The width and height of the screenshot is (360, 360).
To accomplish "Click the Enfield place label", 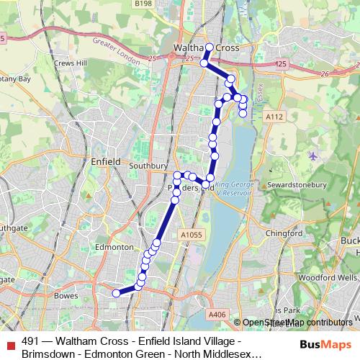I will click(x=106, y=162).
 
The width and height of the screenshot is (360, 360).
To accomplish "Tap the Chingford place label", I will click(x=284, y=233).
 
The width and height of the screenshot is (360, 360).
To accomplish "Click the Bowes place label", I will click(x=66, y=295).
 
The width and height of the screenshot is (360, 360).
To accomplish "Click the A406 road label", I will click(x=217, y=314).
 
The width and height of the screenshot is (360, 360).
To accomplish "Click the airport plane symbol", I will click(x=312, y=156).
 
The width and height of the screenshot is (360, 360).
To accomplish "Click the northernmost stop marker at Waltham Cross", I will click(x=210, y=48).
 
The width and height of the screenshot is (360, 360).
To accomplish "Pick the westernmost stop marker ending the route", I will click(x=115, y=292).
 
